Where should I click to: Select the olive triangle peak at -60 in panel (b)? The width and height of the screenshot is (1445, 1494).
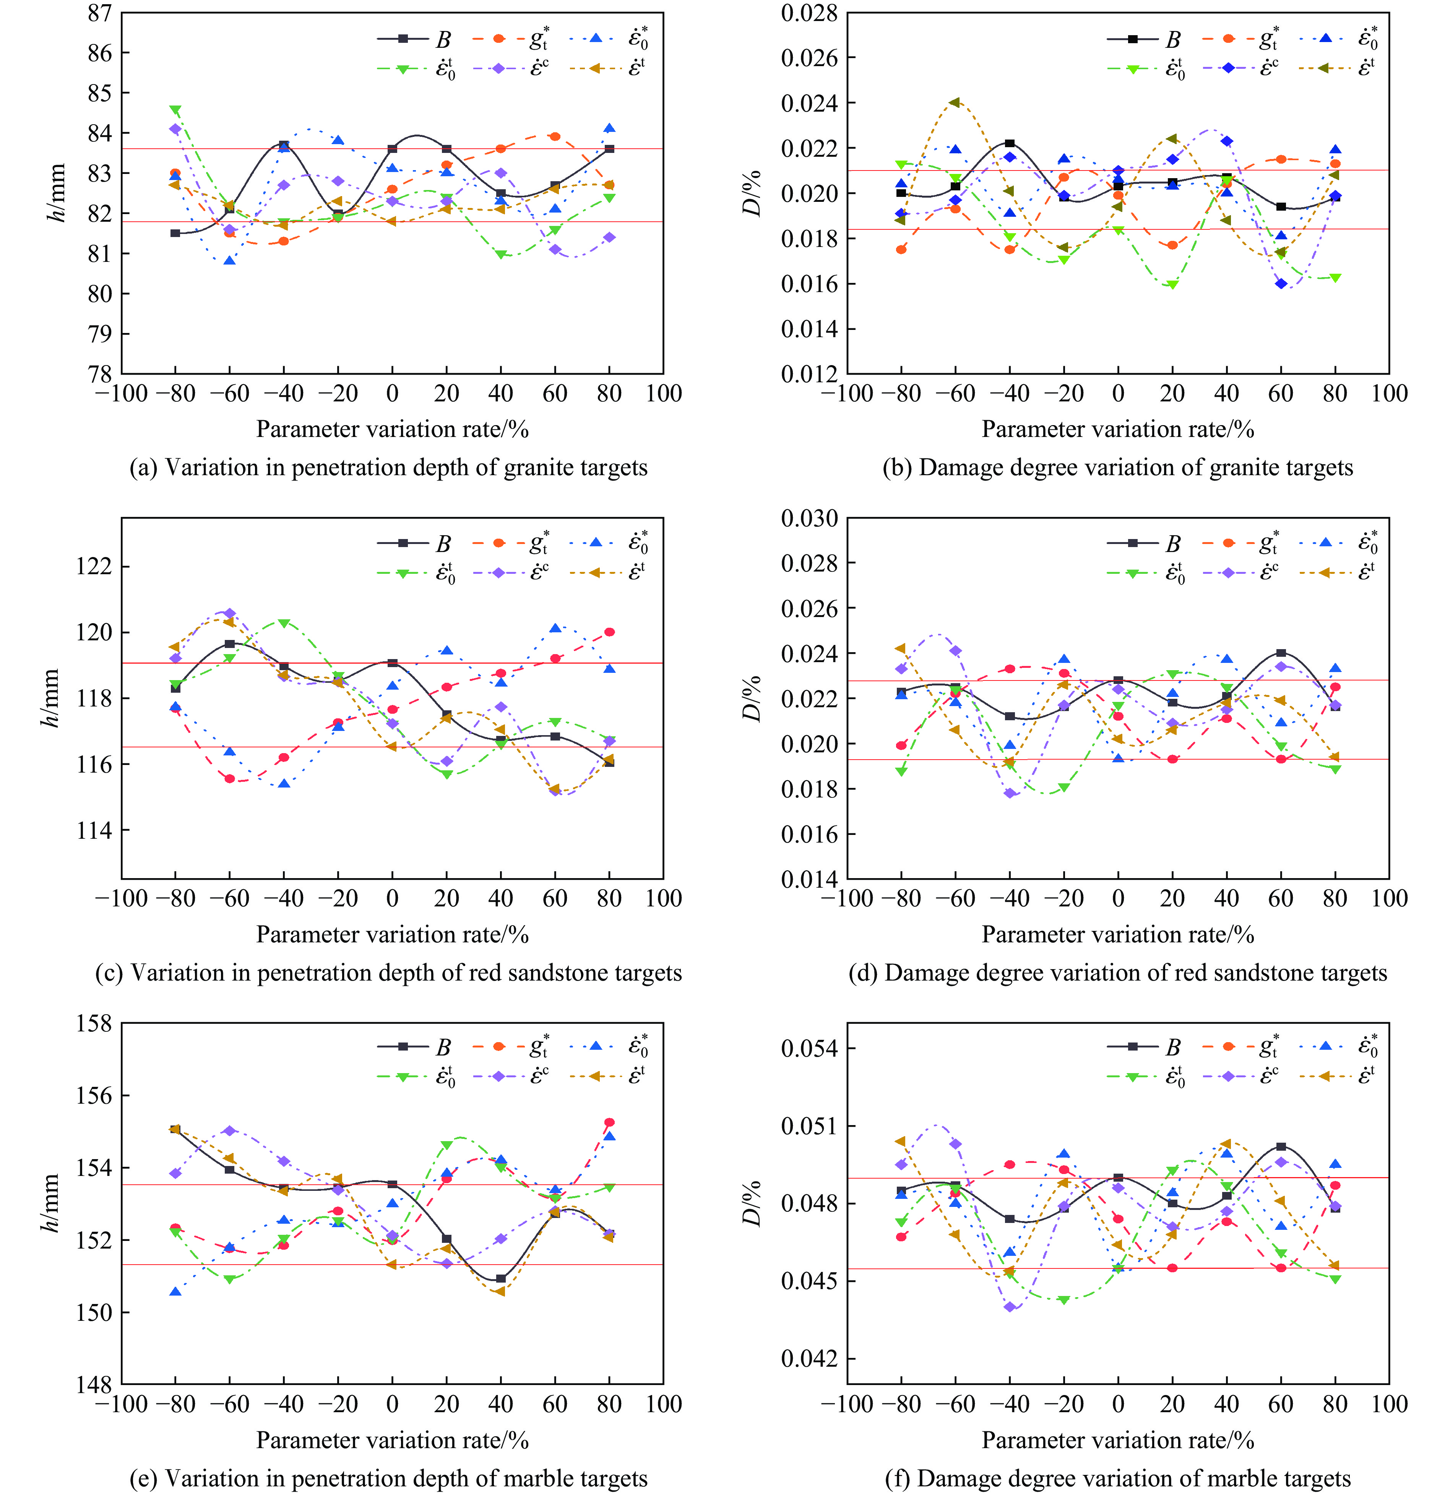tap(955, 102)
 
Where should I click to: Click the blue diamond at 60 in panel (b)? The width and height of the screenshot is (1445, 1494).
tap(1281, 284)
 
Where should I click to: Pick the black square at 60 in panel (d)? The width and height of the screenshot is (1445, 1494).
tap(1281, 653)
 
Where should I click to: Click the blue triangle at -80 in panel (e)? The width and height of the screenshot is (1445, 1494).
tap(175, 1291)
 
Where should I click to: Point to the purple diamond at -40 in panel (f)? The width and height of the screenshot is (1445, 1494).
tap(1010, 1307)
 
